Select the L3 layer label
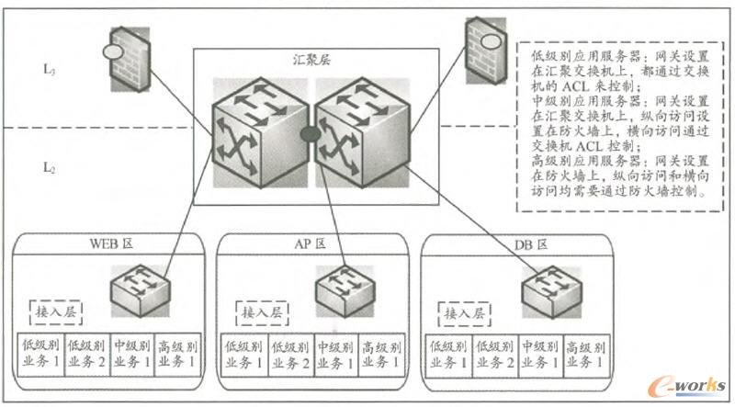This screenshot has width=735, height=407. point(51,68)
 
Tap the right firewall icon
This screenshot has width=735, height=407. point(483,48)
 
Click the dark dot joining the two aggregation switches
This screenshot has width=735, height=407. point(310,135)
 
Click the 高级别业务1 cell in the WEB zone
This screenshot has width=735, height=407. point(176,354)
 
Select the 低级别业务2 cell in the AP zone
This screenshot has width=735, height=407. point(288,354)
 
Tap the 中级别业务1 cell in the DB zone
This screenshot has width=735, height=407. point(539,354)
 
